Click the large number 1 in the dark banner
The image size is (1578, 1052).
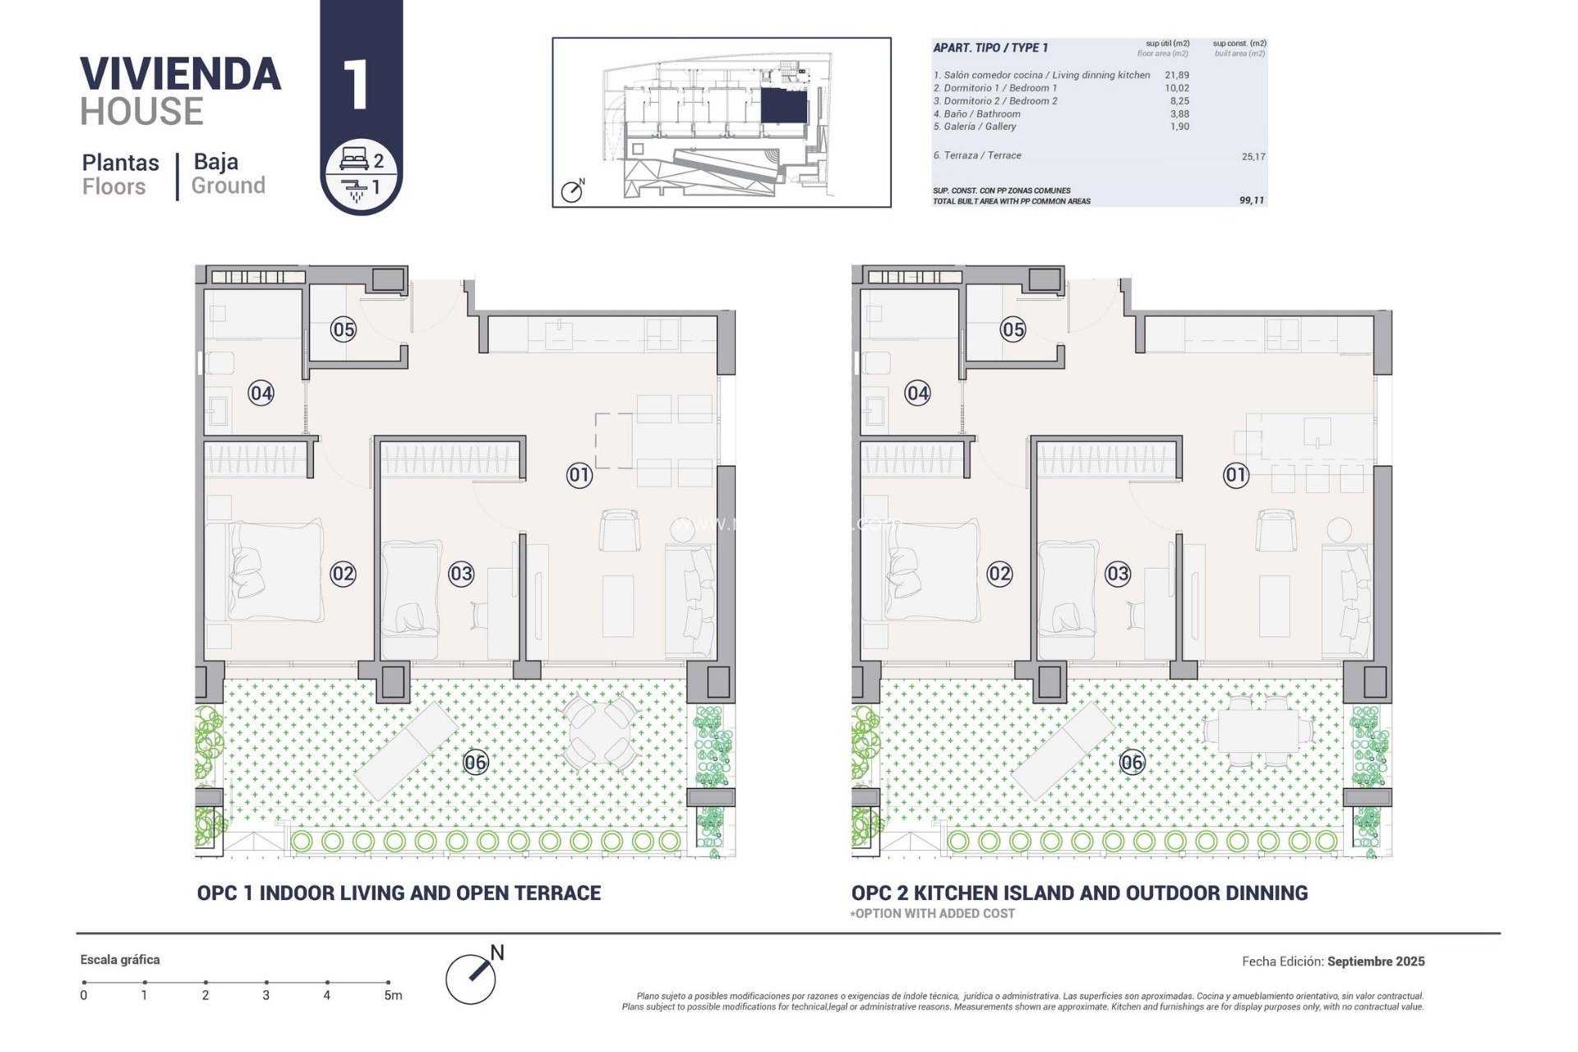pyautogui.click(x=356, y=85)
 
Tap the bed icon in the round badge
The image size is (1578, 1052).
pyautogui.click(x=353, y=159)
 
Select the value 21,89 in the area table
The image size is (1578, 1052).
pyautogui.click(x=1176, y=75)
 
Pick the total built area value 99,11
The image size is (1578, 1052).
pyautogui.click(x=1251, y=200)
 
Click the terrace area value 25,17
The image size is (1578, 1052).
pyautogui.click(x=1253, y=156)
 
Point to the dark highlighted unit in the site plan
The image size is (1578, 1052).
pyautogui.click(x=783, y=106)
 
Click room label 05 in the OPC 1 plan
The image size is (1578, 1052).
pyautogui.click(x=343, y=330)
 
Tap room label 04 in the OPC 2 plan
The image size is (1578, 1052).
pyautogui.click(x=917, y=393)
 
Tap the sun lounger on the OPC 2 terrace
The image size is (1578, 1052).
pyautogui.click(x=1062, y=750)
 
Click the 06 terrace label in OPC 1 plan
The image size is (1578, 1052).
pyautogui.click(x=475, y=762)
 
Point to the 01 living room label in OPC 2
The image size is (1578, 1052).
pyautogui.click(x=1235, y=474)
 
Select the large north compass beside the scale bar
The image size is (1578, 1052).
pyautogui.click(x=472, y=977)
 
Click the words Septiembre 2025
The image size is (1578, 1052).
pyautogui.click(x=1375, y=961)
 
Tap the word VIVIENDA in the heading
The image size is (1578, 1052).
pyautogui.click(x=180, y=75)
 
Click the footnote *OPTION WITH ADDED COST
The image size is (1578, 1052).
pyautogui.click(x=932, y=913)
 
